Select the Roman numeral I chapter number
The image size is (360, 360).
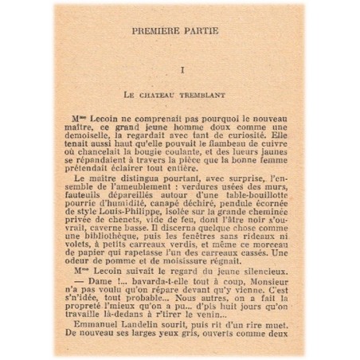[x=182, y=71]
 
